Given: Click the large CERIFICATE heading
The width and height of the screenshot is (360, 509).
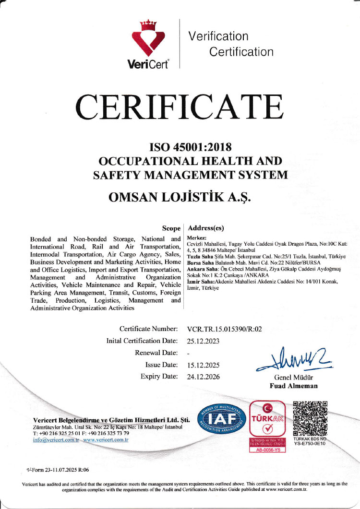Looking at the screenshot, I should coord(180,107).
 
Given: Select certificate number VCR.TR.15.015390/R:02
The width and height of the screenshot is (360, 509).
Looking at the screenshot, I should coord(225,329).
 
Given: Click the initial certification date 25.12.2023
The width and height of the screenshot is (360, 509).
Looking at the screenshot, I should coord(204,341).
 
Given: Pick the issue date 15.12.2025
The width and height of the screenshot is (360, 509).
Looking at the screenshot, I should coord(204,365).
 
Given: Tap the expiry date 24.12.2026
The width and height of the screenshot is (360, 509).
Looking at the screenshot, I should coord(204,377).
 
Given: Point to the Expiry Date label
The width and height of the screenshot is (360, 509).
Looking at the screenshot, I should coord(159,377).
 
